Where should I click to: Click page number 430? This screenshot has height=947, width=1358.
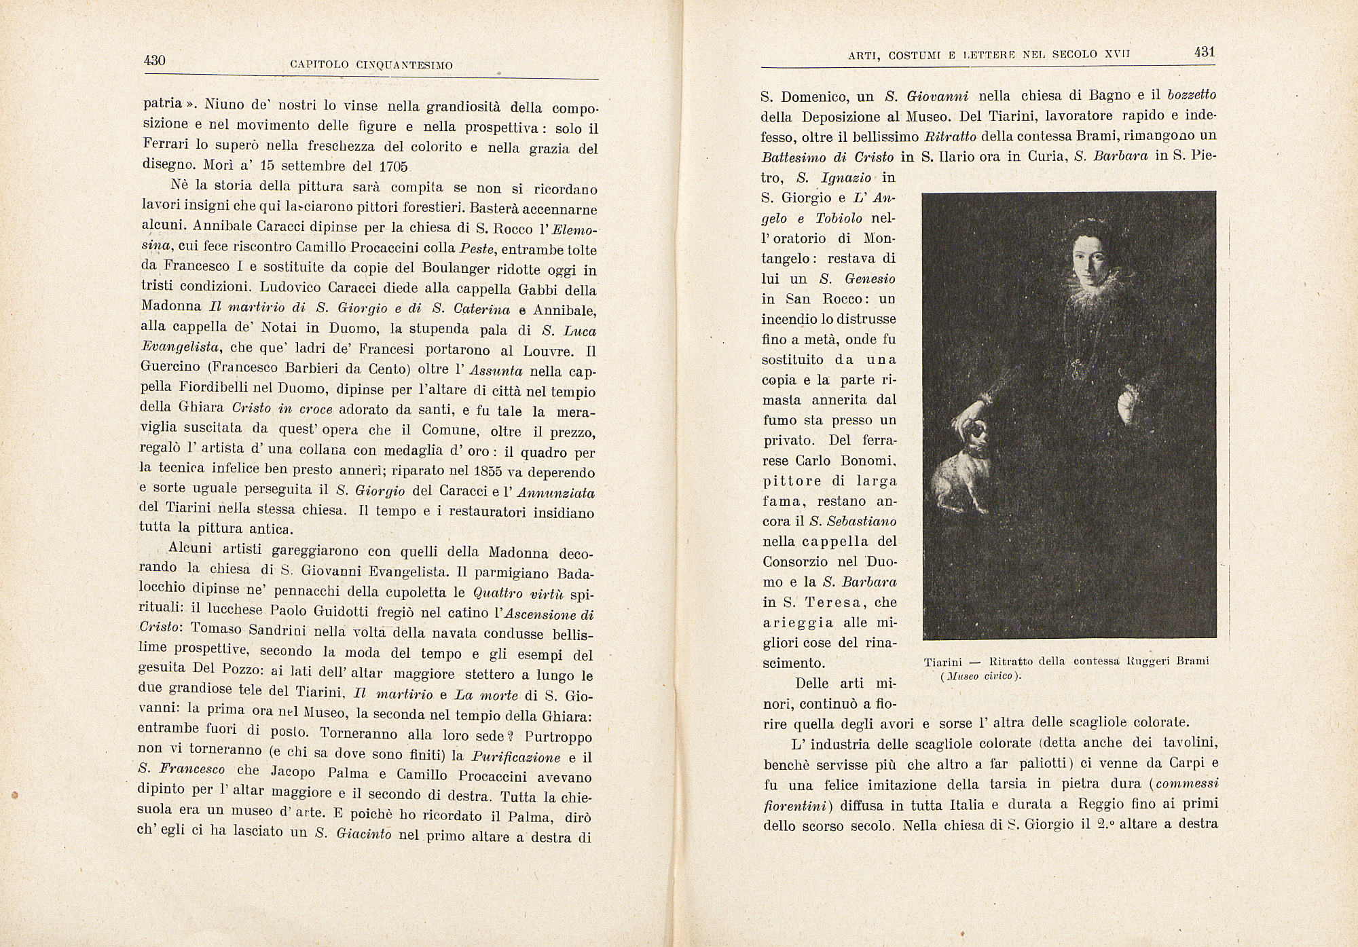pyautogui.click(x=155, y=60)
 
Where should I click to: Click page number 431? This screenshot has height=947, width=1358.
pyautogui.click(x=1204, y=52)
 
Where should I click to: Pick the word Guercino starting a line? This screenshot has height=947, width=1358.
pyautogui.click(x=170, y=369)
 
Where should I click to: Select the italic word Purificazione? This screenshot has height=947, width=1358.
pyautogui.click(x=516, y=757)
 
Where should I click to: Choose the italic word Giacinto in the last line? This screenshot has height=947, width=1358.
pyautogui.click(x=364, y=834)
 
